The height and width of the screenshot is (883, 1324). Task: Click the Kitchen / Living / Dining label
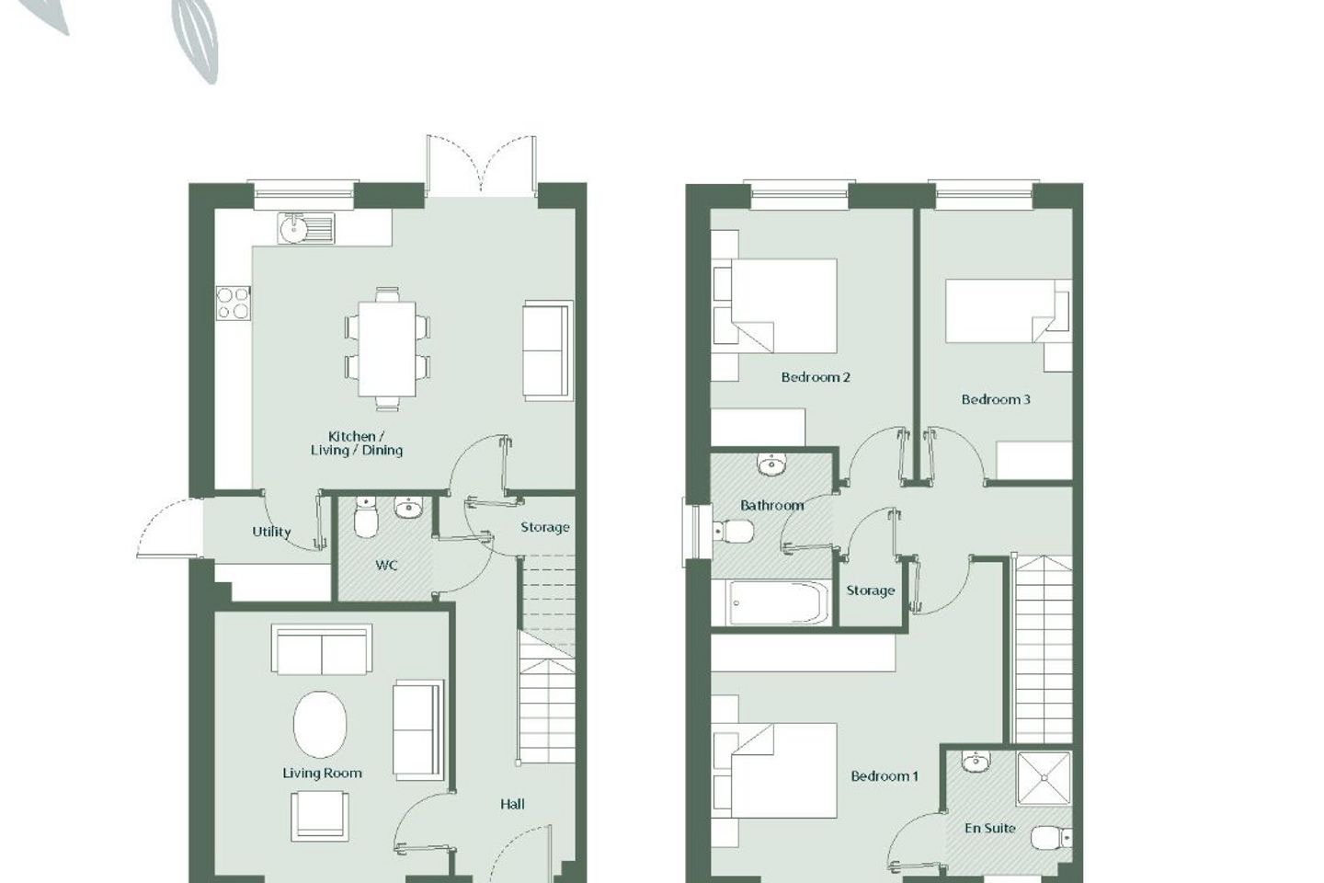356,443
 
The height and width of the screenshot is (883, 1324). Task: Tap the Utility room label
271,532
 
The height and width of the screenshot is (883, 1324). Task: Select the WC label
386,565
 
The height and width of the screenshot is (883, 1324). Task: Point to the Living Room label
322,773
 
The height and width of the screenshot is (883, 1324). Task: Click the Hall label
512,804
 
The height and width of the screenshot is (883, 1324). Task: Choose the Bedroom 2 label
815,377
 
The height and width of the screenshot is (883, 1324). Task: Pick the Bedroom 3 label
995,399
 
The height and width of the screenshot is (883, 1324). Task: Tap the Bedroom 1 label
884,776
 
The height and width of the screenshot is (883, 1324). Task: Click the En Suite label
989,828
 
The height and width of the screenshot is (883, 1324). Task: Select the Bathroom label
771,505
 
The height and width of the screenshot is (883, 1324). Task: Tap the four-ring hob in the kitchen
233,303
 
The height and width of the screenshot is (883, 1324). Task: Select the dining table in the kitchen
386,347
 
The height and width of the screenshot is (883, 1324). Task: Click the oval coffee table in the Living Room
321,725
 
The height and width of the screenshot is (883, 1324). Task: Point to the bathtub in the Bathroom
771,603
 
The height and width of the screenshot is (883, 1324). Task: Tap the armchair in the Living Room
320,816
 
